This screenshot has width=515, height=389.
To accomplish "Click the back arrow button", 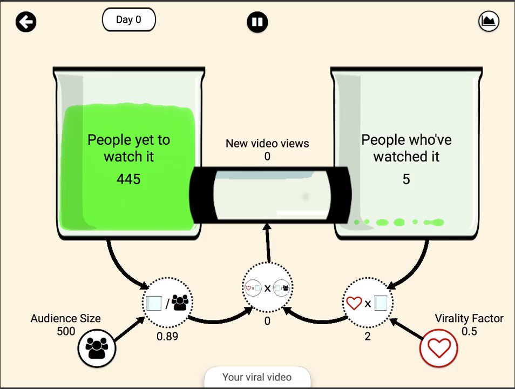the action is (25, 22).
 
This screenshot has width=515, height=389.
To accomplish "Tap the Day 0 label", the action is (128, 20).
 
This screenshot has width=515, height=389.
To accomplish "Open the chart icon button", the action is (489, 22).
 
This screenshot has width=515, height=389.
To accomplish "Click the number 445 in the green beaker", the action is (128, 179).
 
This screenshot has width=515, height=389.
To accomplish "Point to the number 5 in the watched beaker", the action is (406, 179).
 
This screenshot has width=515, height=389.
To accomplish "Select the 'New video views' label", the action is (267, 143).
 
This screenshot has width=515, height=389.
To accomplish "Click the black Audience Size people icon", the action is (97, 348).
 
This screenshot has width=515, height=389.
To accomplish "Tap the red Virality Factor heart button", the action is (439, 348).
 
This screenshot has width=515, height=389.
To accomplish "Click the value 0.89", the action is (167, 337).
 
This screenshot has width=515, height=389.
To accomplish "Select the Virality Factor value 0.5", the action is (469, 331).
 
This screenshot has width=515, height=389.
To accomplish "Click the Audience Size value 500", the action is (66, 331).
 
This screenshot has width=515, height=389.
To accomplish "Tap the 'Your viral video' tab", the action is (257, 377).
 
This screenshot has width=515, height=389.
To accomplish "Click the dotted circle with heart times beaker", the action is (368, 303).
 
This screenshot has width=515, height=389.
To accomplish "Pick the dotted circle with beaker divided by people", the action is (167, 303).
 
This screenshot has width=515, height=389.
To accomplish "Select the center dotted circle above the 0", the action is (267, 288).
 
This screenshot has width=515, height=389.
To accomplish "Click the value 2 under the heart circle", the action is (368, 337).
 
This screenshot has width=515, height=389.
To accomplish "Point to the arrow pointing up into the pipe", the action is (268, 243).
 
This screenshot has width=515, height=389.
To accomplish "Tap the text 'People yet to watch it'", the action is (128, 148).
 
